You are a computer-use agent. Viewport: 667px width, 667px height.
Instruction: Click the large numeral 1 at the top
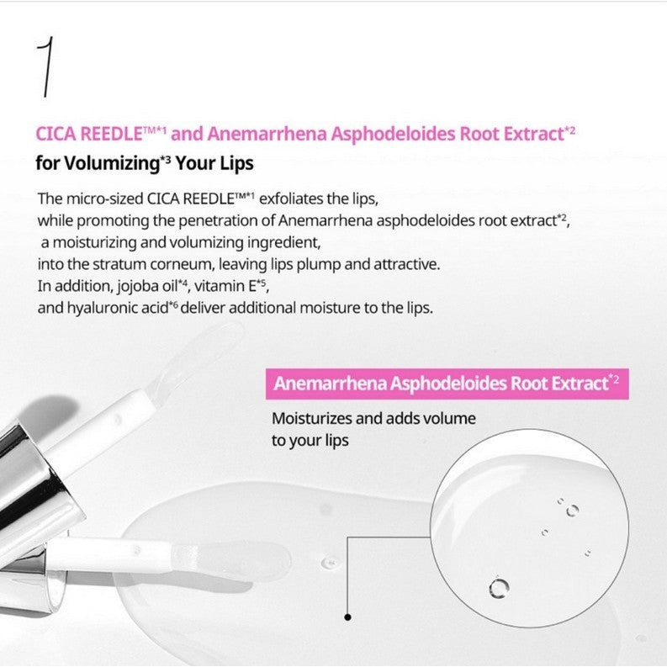tap(47, 66)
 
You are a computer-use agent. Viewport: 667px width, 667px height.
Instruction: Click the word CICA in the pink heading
tap(55, 133)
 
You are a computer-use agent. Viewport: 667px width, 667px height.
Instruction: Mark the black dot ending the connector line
tap(347, 617)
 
